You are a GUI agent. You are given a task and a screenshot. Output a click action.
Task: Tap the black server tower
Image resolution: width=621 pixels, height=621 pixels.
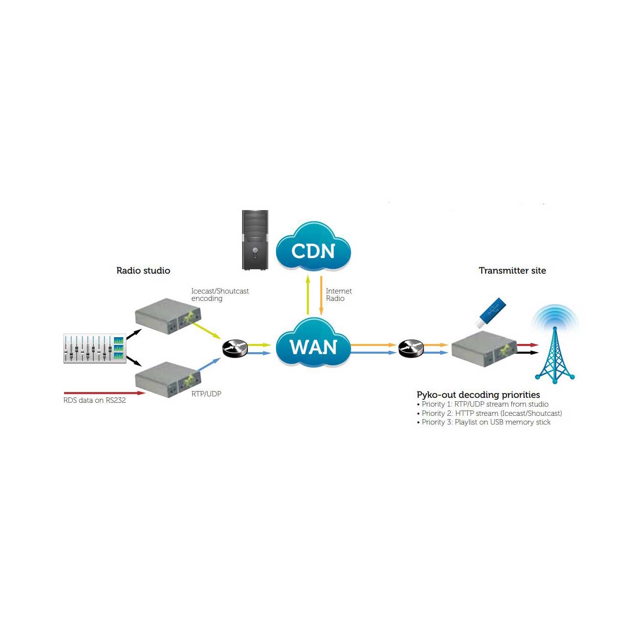pyautogui.click(x=255, y=240)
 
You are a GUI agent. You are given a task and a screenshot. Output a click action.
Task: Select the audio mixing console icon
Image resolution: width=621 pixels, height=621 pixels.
pyautogui.click(x=95, y=348)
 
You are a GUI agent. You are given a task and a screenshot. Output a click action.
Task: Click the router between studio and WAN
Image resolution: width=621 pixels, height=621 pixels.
pyautogui.click(x=235, y=348)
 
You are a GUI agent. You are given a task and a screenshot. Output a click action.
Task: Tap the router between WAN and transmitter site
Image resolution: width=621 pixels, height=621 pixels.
pyautogui.click(x=411, y=348)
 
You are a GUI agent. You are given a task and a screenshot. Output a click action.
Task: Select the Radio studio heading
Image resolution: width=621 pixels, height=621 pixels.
pyautogui.click(x=143, y=271)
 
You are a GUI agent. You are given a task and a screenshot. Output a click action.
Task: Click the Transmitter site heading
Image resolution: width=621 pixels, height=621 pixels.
pyautogui.click(x=512, y=271)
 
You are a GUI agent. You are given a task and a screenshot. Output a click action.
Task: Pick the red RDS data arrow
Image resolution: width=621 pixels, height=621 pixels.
pyautogui.click(x=104, y=393)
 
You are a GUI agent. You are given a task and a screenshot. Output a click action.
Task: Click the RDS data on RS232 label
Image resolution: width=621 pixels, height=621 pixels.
pyautogui.click(x=95, y=400)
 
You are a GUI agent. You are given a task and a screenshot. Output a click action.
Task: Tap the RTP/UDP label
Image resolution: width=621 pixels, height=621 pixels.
pyautogui.click(x=206, y=394)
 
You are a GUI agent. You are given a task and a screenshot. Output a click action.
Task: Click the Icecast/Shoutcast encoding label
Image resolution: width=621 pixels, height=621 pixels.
pyautogui.click(x=220, y=294)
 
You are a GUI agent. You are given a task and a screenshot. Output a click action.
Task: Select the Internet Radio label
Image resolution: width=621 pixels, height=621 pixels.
pyautogui.click(x=339, y=294)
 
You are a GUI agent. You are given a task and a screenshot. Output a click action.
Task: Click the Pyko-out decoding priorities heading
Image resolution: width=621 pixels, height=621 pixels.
pyautogui.click(x=478, y=395)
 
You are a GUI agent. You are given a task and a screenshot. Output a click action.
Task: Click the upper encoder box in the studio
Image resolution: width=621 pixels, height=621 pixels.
pyautogui.click(x=167, y=316)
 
